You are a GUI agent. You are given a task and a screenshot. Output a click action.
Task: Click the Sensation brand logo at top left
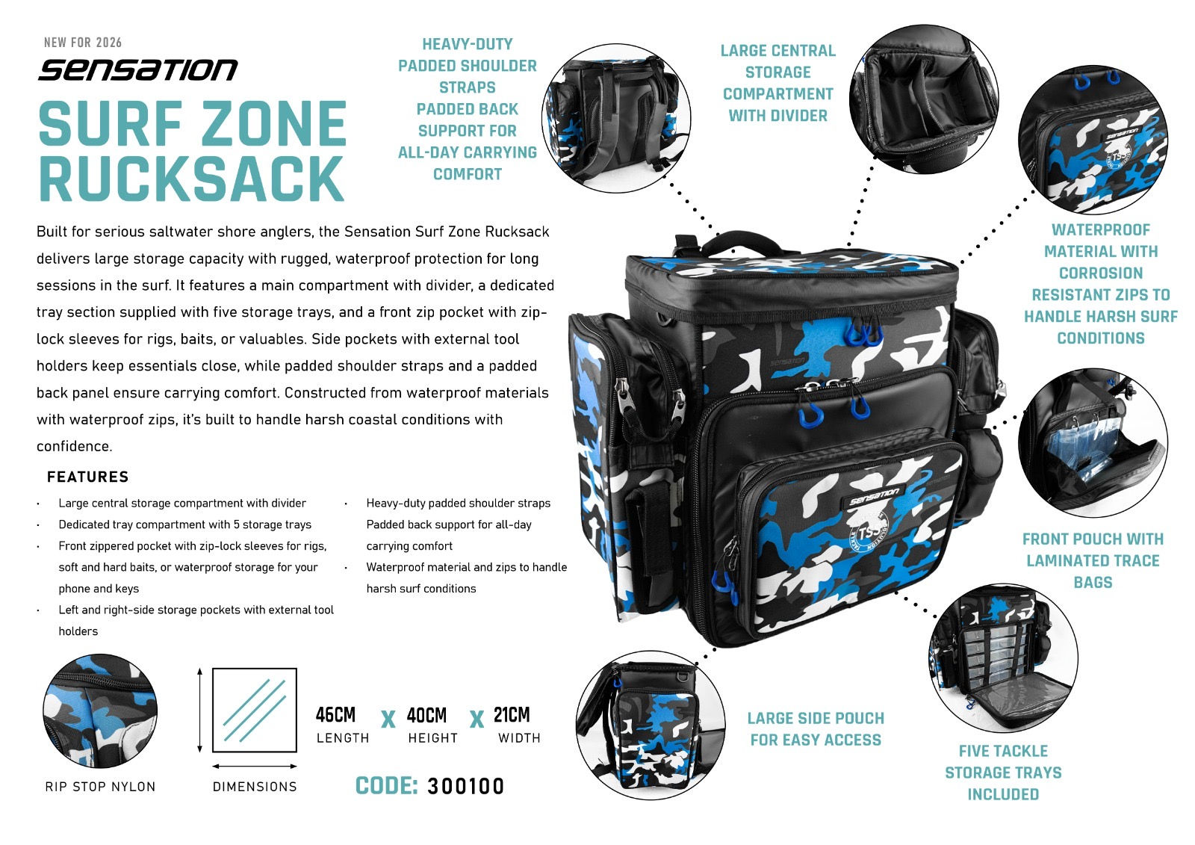point(137,69)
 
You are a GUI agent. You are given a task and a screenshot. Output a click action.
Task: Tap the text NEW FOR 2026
point(82,43)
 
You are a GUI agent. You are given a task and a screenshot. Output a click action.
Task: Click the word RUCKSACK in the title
point(191,178)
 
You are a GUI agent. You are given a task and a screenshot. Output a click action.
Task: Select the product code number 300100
point(465,786)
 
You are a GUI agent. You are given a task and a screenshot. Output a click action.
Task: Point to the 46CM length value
point(335,715)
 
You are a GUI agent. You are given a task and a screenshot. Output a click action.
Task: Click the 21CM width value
point(512,715)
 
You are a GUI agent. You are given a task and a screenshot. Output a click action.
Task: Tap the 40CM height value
point(426,715)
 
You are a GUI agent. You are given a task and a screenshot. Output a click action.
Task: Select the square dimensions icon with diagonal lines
point(255,710)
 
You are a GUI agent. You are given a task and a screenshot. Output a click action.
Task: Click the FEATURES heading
point(87,477)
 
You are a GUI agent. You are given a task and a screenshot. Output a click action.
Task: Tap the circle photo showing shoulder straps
point(615,118)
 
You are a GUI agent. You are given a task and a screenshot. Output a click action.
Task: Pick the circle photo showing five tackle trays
point(1003,657)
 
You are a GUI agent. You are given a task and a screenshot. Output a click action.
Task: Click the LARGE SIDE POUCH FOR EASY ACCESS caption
point(815,728)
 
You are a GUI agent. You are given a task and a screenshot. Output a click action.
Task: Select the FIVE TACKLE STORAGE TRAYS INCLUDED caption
point(1003,773)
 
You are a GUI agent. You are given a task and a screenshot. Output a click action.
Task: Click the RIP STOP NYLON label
point(100,786)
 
